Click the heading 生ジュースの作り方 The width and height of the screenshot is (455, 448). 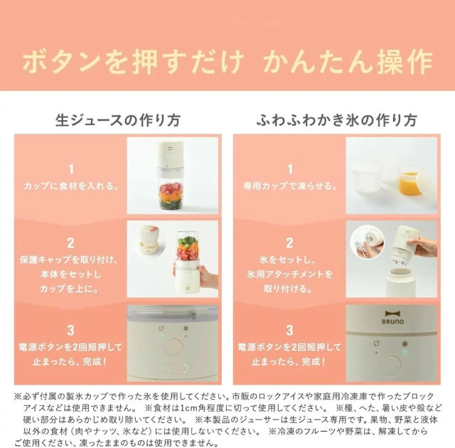[118, 120]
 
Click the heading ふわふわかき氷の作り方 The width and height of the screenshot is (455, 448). [336, 120]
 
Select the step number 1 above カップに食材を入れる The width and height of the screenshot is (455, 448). [71, 169]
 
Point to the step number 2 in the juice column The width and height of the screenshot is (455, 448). [70, 243]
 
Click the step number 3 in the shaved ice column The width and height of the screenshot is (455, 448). [289, 330]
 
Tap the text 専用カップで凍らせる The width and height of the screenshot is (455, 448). [290, 186]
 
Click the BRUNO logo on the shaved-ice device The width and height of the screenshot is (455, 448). [392, 317]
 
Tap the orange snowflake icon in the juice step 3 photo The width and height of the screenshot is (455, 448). [186, 329]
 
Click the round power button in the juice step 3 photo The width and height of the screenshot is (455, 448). [173, 347]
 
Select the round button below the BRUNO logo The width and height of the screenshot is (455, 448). [390, 366]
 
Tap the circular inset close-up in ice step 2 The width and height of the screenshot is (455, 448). [368, 243]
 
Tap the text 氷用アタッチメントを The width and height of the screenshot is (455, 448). [289, 274]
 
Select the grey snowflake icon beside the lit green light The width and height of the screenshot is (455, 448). [405, 344]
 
